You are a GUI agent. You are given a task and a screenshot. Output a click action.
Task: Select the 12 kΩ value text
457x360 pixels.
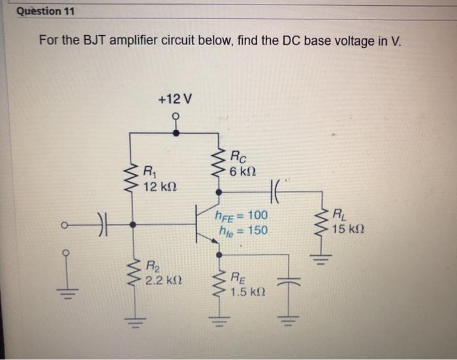point(159,188)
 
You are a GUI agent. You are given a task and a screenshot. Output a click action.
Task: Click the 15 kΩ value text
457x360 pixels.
point(347,229)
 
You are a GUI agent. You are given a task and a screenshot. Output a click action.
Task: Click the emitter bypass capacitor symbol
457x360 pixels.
point(289,282)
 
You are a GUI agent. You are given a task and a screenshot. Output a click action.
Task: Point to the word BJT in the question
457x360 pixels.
point(96,40)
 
